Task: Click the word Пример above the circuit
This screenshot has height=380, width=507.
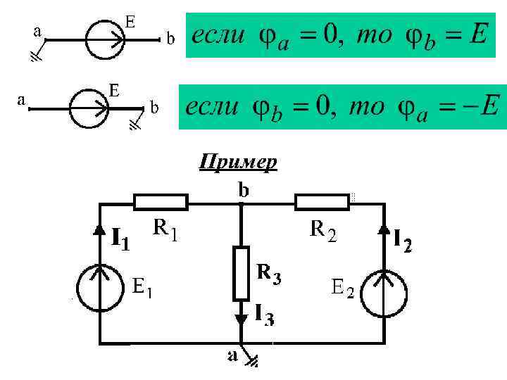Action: click(x=238, y=163)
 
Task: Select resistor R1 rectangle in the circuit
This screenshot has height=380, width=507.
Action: click(x=161, y=203)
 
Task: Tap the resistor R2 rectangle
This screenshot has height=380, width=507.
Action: click(x=323, y=203)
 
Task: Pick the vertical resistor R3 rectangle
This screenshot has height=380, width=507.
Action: click(x=242, y=272)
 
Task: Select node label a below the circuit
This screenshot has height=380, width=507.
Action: click(x=232, y=357)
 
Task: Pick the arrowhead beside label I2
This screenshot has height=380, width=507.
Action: click(x=384, y=229)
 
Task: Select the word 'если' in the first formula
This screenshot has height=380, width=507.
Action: click(x=218, y=34)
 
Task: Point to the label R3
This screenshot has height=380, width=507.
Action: click(x=269, y=273)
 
